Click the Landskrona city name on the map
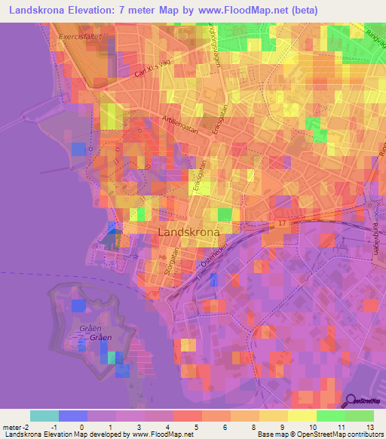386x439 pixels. pyautogui.click(x=189, y=232)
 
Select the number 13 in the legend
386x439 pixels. pyautogui.click(x=369, y=428)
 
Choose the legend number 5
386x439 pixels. pyautogui.click(x=196, y=428)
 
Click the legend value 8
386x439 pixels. pyautogui.click(x=253, y=428)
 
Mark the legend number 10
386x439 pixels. pyautogui.click(x=311, y=428)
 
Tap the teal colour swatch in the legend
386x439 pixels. pyautogui.click(x=44, y=416)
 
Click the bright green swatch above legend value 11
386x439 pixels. pyautogui.click(x=331, y=416)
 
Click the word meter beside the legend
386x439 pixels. pyautogui.click(x=14, y=428)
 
